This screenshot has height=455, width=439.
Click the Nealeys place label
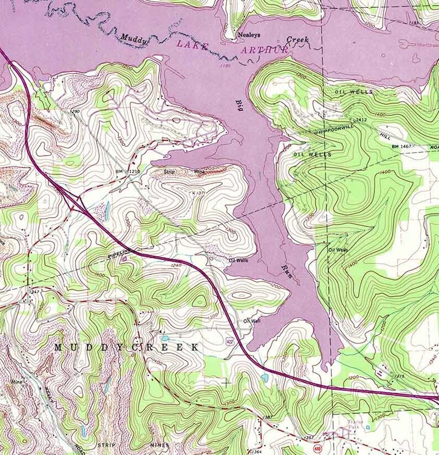[x=249, y=35]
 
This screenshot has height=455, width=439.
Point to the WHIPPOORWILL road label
[x=333, y=127]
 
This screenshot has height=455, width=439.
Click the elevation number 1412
[x=362, y=120]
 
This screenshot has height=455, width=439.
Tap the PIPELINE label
[x=119, y=254]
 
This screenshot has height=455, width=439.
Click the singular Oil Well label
[x=252, y=320]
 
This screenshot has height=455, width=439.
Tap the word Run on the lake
[x=286, y=270]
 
